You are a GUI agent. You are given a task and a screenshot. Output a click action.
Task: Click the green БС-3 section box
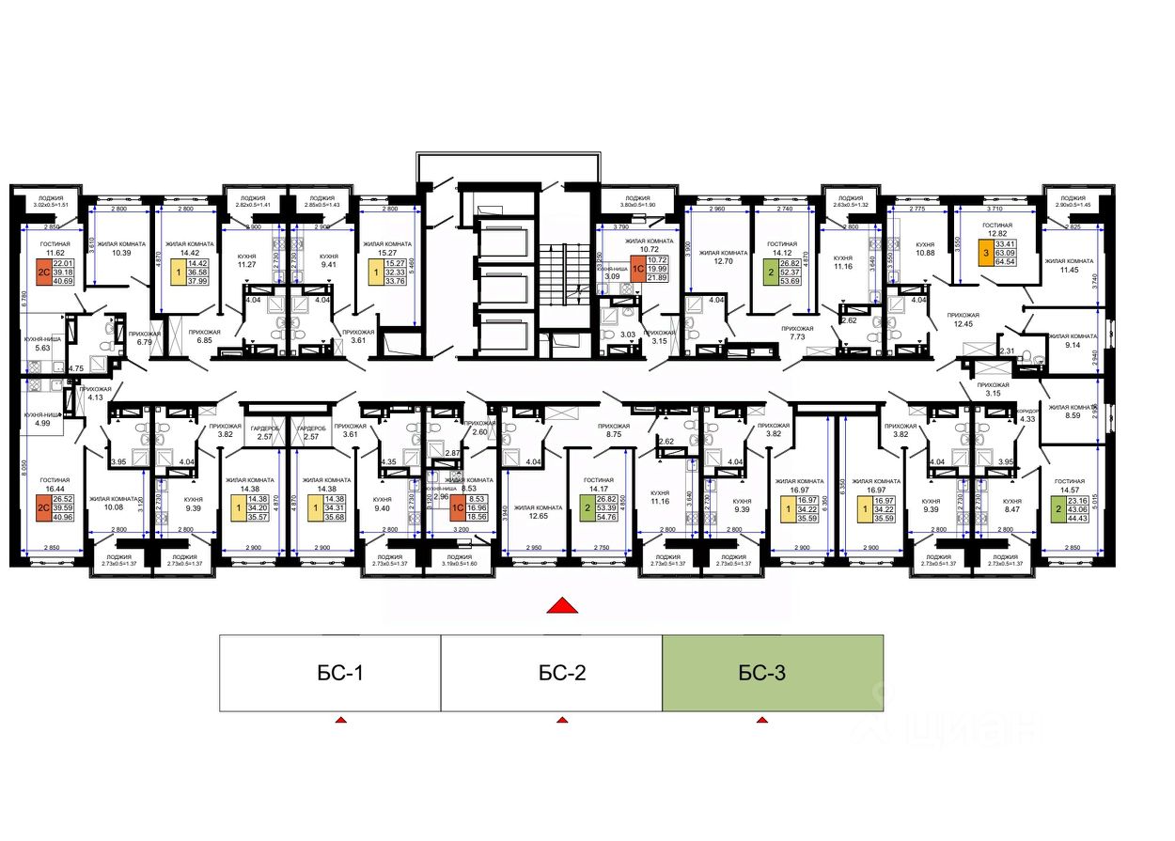pyautogui.click(x=772, y=672)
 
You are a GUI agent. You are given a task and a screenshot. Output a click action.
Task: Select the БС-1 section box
pyautogui.click(x=330, y=672)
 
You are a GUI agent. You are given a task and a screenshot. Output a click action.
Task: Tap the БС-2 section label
pyautogui.click(x=562, y=673)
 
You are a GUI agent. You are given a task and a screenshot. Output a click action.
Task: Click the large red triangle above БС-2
pyautogui.click(x=561, y=605)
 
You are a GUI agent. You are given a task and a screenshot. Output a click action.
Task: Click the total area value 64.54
pyautogui.click(x=984, y=262)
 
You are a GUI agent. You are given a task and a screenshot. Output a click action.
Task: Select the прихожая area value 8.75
pyautogui.click(x=615, y=435)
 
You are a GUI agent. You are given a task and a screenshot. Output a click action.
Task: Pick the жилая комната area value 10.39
pyautogui.click(x=121, y=253)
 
